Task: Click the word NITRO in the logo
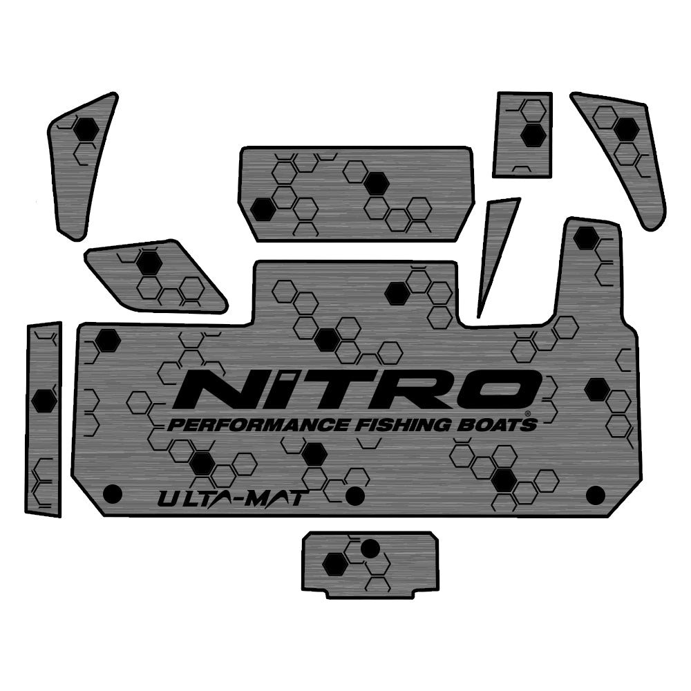pyautogui.click(x=356, y=391)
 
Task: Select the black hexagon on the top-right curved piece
pyautogui.click(x=626, y=129)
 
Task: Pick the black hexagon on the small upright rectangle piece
pyautogui.click(x=532, y=135)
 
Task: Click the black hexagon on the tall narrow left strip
pyautogui.click(x=44, y=399)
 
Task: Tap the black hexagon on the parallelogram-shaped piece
pyautogui.click(x=149, y=263)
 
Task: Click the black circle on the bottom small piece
pyautogui.click(x=370, y=549)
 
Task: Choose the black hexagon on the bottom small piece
pyautogui.click(x=335, y=563)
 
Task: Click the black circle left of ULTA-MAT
pyautogui.click(x=112, y=494)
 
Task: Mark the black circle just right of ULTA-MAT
pyautogui.click(x=354, y=495)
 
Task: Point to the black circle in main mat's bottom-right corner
pyautogui.click(x=595, y=495)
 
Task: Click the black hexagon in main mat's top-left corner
pyautogui.click(x=107, y=341)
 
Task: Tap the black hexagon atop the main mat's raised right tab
pyautogui.click(x=586, y=238)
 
